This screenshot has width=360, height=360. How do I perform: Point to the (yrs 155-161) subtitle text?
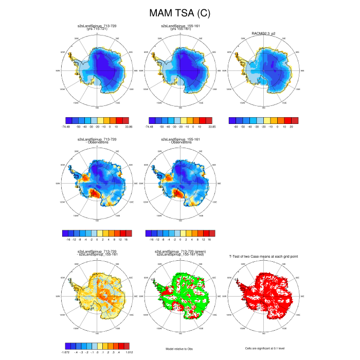tap(179, 28)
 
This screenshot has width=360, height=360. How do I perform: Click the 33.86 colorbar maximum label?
tap(128, 125)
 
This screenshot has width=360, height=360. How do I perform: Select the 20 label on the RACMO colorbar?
tap(291, 125)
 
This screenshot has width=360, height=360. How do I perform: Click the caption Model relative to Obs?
tap(179, 349)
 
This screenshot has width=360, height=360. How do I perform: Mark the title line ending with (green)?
tap(179, 252)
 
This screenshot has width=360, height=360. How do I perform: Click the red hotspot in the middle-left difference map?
tap(94, 193)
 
